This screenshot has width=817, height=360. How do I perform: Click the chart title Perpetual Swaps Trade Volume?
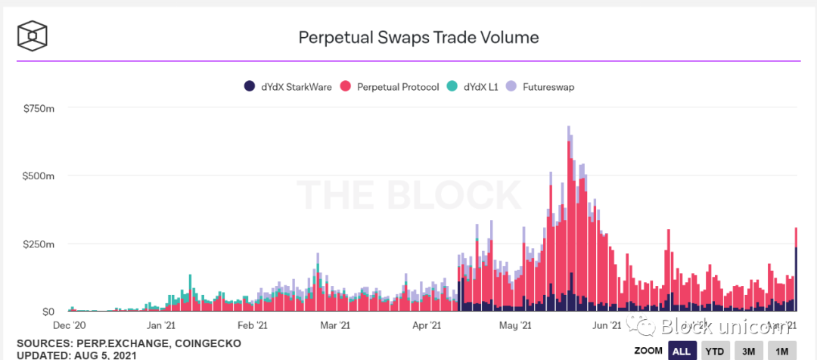[418, 37]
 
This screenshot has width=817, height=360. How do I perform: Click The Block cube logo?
[33, 35]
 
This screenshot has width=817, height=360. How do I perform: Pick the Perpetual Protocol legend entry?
[390, 87]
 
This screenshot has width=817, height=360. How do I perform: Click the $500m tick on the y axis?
[39, 175]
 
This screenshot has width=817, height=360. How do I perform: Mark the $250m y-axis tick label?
[39, 244]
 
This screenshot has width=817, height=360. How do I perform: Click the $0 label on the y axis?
[46, 311]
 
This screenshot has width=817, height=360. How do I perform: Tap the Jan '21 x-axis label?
[162, 326]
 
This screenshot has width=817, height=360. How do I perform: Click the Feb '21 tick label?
[252, 326]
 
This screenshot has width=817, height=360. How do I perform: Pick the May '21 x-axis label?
[514, 326]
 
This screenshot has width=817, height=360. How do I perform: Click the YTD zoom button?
[713, 351]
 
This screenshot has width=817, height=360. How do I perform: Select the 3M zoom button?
[748, 351]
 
